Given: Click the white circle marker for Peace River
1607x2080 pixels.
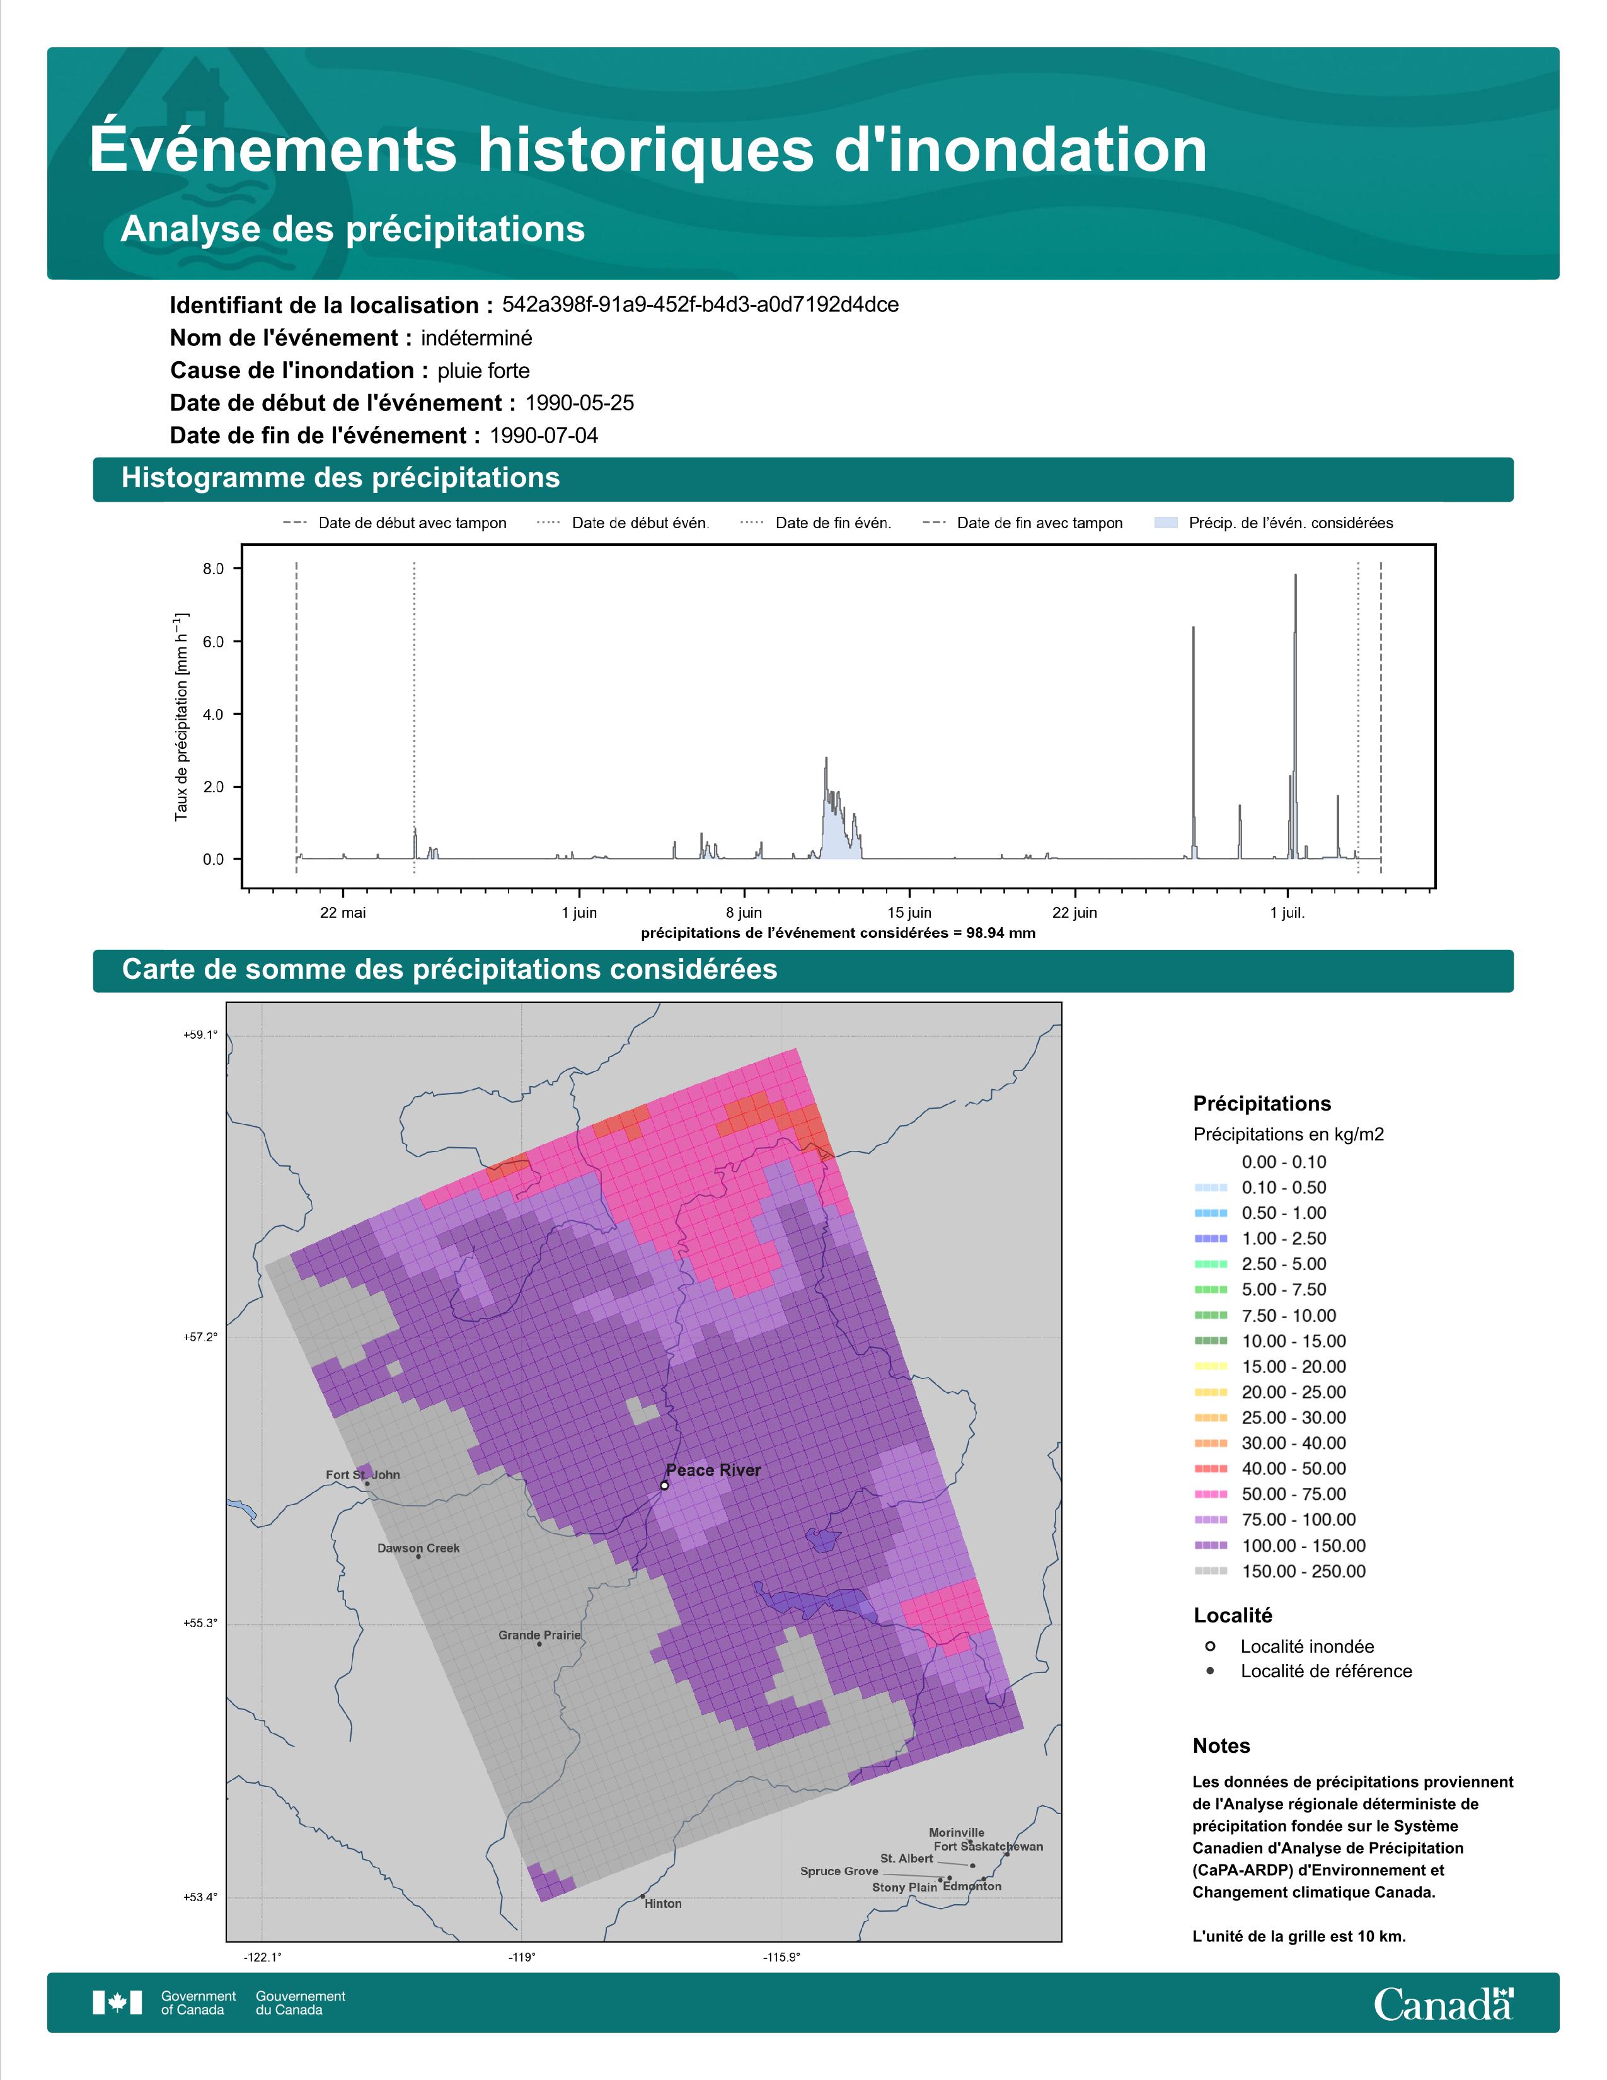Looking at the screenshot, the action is tap(664, 1485).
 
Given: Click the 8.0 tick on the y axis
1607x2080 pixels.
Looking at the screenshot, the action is tap(212, 569).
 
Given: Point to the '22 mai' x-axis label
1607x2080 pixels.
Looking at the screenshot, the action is tap(343, 913).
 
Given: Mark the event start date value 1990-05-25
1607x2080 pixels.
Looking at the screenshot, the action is tap(580, 403).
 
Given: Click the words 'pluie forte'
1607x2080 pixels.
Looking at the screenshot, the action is tap(483, 371).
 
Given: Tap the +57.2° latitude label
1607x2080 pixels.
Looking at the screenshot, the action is tap(201, 1337).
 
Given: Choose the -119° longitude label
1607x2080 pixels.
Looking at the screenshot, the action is tap(522, 1957).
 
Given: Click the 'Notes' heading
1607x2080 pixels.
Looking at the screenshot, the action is tap(1221, 1746).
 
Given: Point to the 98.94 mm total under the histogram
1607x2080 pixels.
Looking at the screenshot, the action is tap(1001, 933).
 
